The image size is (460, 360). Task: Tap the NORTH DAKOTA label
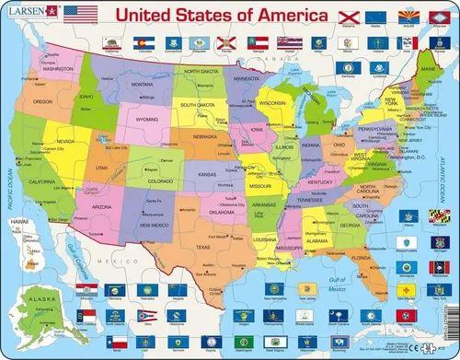coord(200,71)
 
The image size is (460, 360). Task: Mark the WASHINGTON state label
coord(58,68)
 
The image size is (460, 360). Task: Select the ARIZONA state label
coord(103,207)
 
